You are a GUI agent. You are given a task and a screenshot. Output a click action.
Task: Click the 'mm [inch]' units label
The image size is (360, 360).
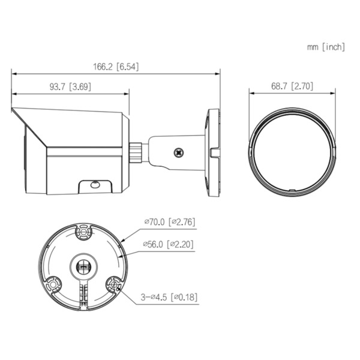coord(326,47)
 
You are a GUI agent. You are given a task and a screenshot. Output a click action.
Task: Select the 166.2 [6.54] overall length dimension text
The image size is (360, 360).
coord(115,67)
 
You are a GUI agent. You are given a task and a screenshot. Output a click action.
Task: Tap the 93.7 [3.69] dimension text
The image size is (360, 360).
coord(70,87)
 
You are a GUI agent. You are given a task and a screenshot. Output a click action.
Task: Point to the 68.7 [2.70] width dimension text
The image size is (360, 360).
coord(292,86)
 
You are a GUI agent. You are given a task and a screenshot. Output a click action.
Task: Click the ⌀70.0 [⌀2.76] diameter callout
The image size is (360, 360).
coord(169,222)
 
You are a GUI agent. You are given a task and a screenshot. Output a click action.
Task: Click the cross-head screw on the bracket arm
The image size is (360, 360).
coord(178,153)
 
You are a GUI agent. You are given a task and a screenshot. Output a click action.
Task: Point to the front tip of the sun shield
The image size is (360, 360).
coord(14,112)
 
